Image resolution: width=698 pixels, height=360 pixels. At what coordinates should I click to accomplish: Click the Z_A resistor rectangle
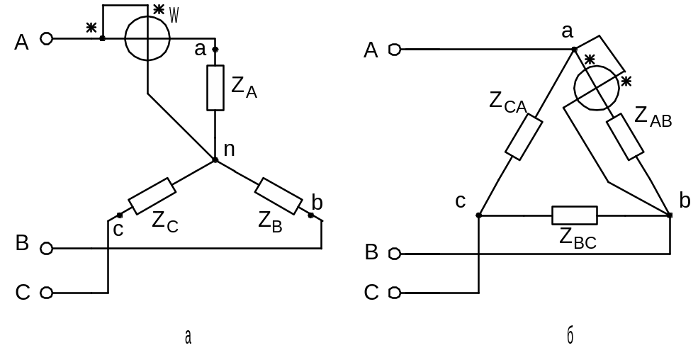tap(215, 88)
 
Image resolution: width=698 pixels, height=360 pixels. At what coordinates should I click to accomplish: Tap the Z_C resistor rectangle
tap(152, 196)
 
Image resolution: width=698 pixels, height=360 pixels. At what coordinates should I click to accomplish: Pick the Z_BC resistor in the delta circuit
tap(575, 214)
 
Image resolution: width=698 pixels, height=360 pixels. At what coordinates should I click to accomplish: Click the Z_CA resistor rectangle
tap(525, 137)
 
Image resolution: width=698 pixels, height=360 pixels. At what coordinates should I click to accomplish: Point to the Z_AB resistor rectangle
tap(624, 136)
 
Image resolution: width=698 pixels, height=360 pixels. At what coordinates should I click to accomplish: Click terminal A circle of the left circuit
tap(47, 39)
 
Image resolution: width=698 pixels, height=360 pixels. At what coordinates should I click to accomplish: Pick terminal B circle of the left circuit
tap(47, 248)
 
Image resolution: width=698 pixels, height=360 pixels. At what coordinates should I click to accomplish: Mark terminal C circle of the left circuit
tap(47, 292)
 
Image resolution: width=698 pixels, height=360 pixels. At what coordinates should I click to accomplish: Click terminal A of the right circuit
tap(394, 50)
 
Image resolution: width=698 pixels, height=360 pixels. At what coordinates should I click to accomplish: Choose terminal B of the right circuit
tap(394, 253)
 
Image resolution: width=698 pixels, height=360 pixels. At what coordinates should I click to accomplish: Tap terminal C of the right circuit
tap(394, 292)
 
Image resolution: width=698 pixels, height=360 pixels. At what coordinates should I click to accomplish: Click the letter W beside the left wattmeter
tap(174, 15)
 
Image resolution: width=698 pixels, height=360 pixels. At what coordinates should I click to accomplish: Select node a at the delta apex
tap(574, 50)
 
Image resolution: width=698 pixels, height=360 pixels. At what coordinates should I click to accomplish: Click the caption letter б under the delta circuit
tap(570, 337)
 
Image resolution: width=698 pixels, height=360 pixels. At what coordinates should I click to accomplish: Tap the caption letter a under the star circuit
tap(187, 337)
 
